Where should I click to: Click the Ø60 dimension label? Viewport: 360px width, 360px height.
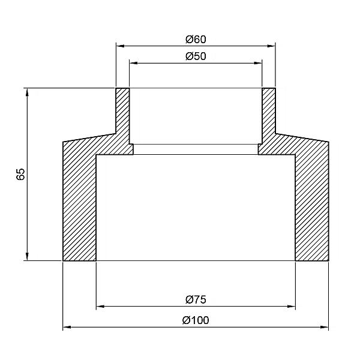point(196,40)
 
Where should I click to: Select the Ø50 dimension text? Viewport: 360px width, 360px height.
point(196,56)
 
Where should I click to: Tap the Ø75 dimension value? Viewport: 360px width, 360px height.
point(196,299)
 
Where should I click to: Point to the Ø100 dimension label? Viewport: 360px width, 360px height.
point(196,320)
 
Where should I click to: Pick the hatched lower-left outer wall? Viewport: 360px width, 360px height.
point(79,204)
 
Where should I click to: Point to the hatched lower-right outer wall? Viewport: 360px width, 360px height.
point(312,204)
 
